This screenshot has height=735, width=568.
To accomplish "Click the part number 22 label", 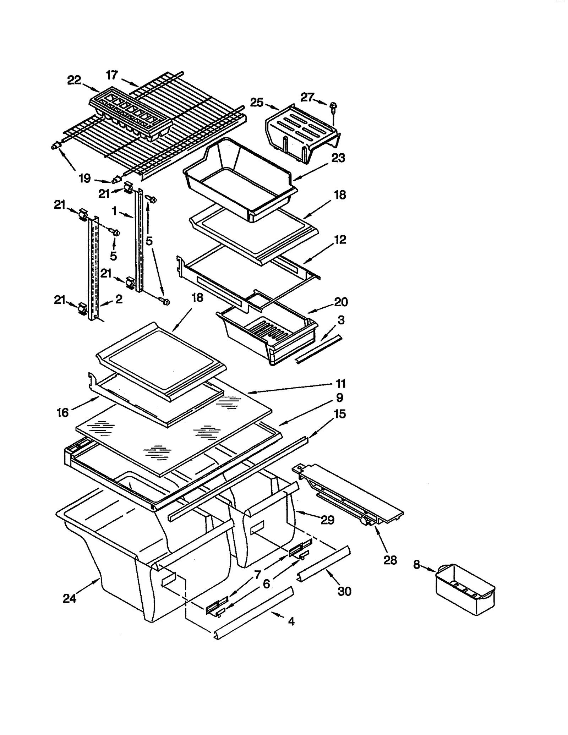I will click(74, 80).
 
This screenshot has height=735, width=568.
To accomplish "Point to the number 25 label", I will click(257, 103).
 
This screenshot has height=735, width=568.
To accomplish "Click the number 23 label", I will click(338, 158).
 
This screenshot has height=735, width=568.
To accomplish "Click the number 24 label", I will click(70, 599).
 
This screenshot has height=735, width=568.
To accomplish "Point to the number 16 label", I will click(62, 412).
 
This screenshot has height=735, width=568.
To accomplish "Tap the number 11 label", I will click(340, 384).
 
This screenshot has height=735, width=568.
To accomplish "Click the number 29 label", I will click(327, 520).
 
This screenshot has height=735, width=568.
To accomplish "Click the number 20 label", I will click(341, 302).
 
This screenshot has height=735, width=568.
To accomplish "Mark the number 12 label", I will click(340, 240).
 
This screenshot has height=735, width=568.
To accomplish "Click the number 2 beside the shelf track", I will click(119, 299).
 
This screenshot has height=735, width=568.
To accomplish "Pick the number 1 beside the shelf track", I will click(114, 211).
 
